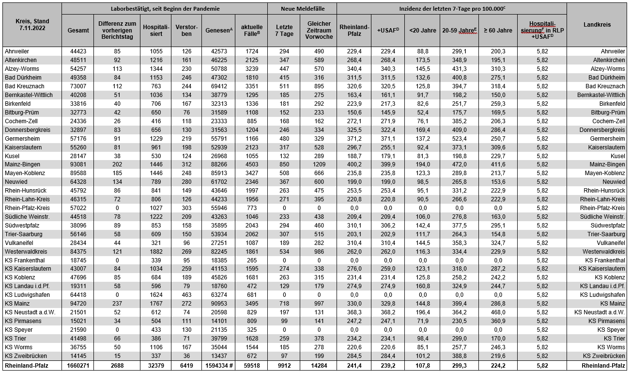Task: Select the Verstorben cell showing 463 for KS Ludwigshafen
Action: pyautogui.click(x=186, y=295)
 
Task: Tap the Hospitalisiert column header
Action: pyautogui.click(x=155, y=31)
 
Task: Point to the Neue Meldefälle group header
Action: pyautogui.click(x=303, y=9)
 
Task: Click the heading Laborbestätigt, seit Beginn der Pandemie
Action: pyautogui.click(x=165, y=9)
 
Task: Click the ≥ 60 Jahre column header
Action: pyautogui.click(x=498, y=31)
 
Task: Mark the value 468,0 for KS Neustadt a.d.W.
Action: pyautogui.click(x=498, y=312)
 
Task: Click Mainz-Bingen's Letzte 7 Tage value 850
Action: pyautogui.click(x=284, y=164)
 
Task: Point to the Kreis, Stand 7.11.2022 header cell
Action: pyautogui.click(x=31, y=24)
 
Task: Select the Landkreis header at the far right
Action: pyautogui.click(x=597, y=24)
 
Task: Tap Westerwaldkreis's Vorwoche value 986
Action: pyautogui.click(x=318, y=251)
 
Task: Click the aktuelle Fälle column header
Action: pyautogui.click(x=252, y=31)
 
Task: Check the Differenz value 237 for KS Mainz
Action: pyautogui.click(x=117, y=304)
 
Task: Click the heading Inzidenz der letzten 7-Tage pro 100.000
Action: pyautogui.click(x=451, y=9)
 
